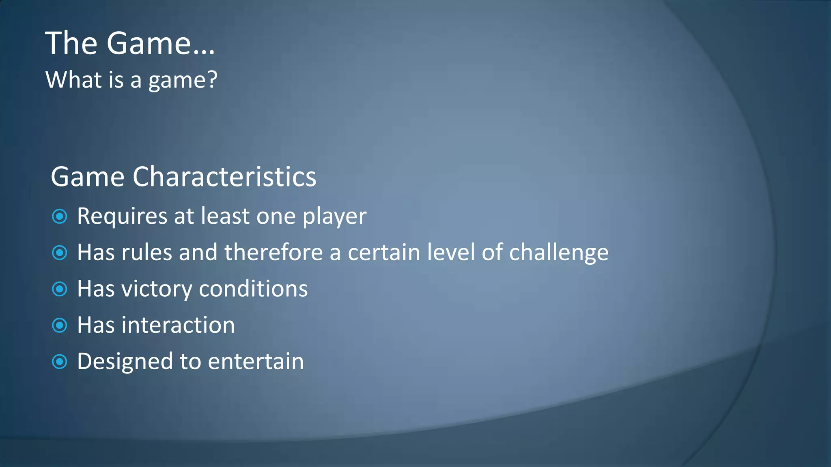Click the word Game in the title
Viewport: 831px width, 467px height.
point(149,43)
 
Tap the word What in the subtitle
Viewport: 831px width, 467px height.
point(73,79)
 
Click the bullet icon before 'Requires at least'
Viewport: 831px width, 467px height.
point(60,216)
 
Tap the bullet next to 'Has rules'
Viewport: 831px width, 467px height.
point(60,253)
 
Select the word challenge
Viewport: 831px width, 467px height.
point(559,253)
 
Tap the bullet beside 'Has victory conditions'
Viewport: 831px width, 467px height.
point(60,289)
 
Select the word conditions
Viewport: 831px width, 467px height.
point(253,289)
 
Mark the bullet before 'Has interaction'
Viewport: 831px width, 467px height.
point(60,325)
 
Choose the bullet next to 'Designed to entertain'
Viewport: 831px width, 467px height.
point(60,362)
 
